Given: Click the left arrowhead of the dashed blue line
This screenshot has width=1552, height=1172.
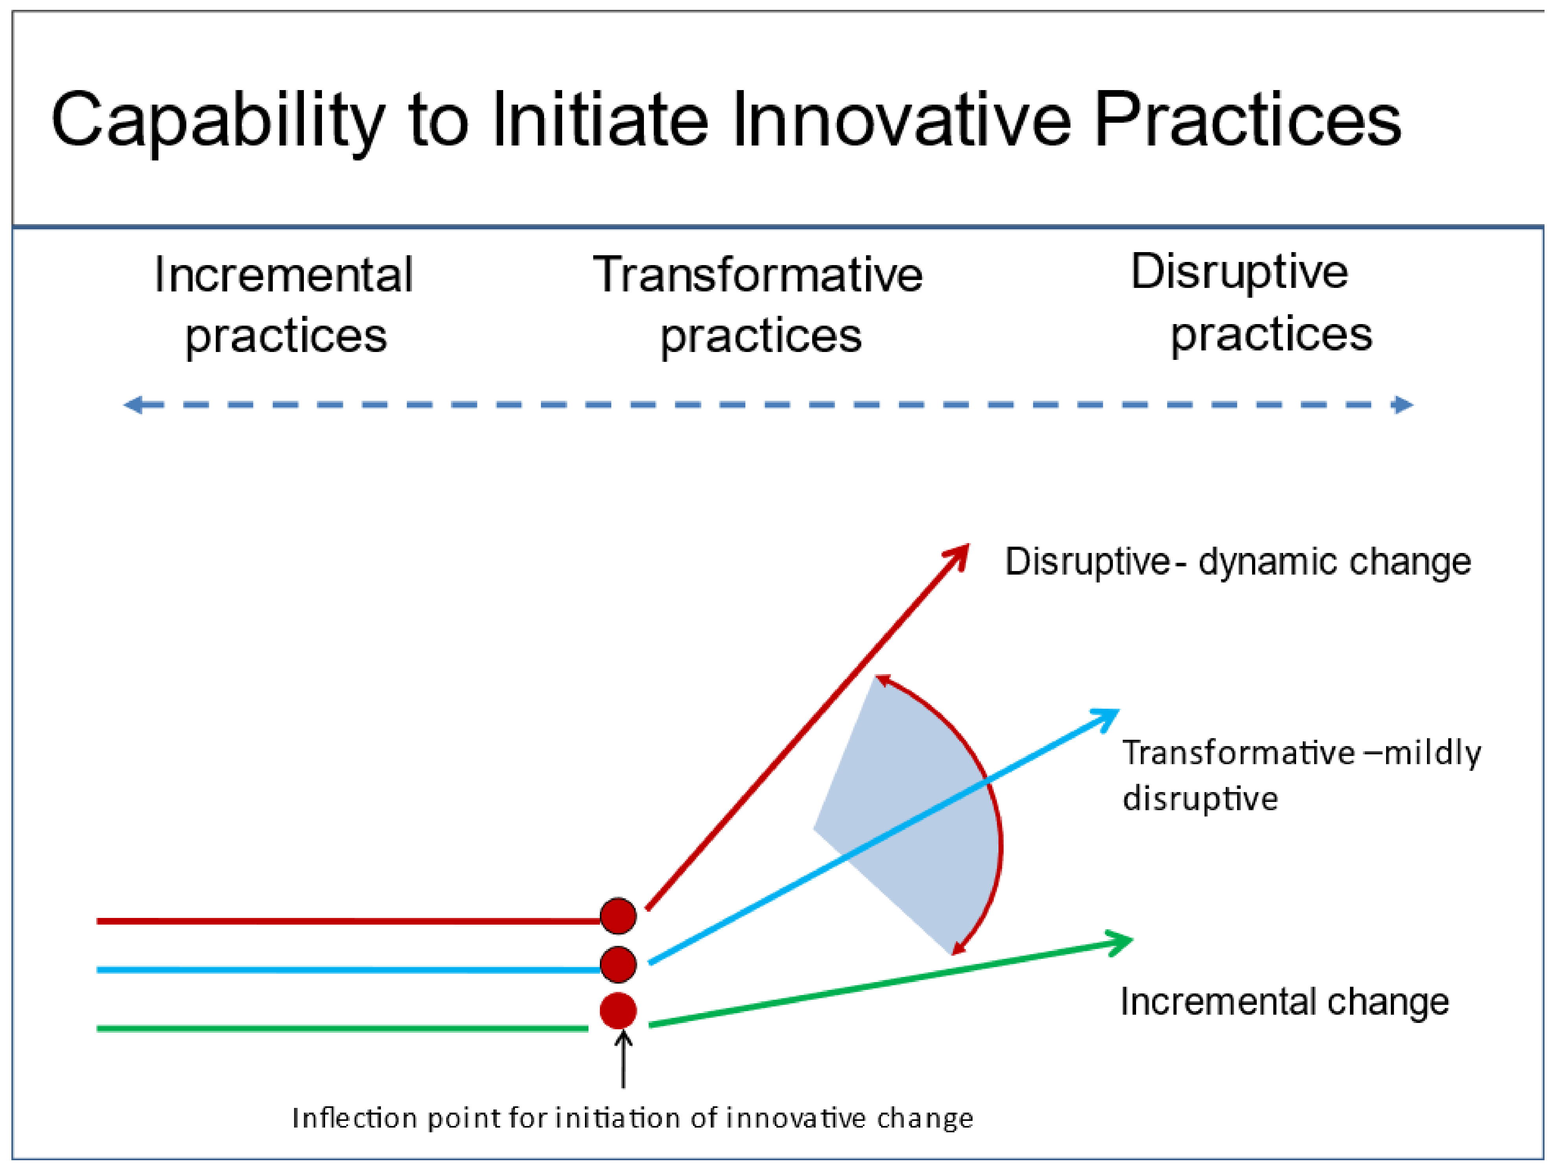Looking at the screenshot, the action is coord(133,405).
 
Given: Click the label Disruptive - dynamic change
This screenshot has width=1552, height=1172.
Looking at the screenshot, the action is coord(1238,562).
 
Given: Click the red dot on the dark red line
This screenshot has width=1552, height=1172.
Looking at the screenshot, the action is coord(618,916).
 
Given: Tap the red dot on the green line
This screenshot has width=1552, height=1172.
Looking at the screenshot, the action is coord(618,1011).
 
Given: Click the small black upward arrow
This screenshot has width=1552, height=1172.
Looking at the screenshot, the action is coord(623,1058).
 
